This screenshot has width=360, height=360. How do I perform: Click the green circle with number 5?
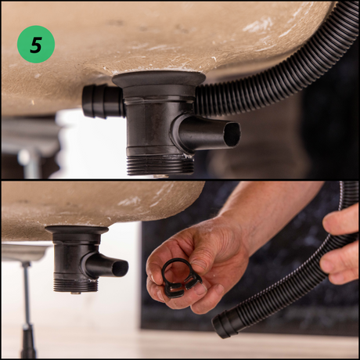point(36,44)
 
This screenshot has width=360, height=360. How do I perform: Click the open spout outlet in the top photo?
point(232,134)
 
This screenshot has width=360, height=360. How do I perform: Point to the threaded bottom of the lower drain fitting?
point(76,286)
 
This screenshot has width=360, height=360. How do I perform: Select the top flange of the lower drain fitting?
point(77,229)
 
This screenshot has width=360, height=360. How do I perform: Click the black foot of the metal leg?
point(28,342)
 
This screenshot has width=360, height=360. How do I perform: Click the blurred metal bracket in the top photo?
point(30,142)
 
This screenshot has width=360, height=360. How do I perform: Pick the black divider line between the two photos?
point(180,180)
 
